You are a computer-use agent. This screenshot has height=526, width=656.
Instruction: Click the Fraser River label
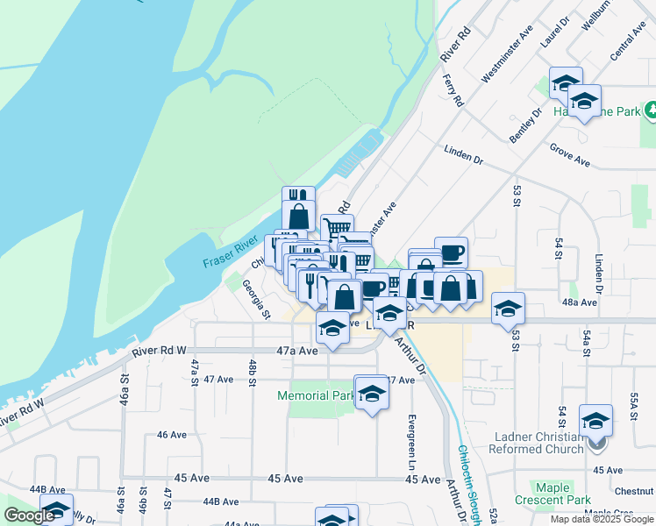click(230, 251)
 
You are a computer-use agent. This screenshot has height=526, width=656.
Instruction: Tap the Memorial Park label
click(315, 395)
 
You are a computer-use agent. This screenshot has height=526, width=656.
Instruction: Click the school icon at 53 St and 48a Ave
click(508, 309)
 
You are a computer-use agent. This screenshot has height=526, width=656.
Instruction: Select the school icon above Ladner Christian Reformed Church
click(595, 421)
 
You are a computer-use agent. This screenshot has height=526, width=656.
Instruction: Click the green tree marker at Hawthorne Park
click(650, 110)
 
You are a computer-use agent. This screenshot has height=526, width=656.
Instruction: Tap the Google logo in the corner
click(28, 515)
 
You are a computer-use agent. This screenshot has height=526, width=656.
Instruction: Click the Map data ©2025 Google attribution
click(602, 519)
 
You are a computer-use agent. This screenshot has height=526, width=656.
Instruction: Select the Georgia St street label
click(255, 297)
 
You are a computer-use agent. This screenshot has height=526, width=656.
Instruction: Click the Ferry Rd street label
click(453, 90)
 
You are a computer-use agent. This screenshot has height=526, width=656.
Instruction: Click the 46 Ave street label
click(172, 434)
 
